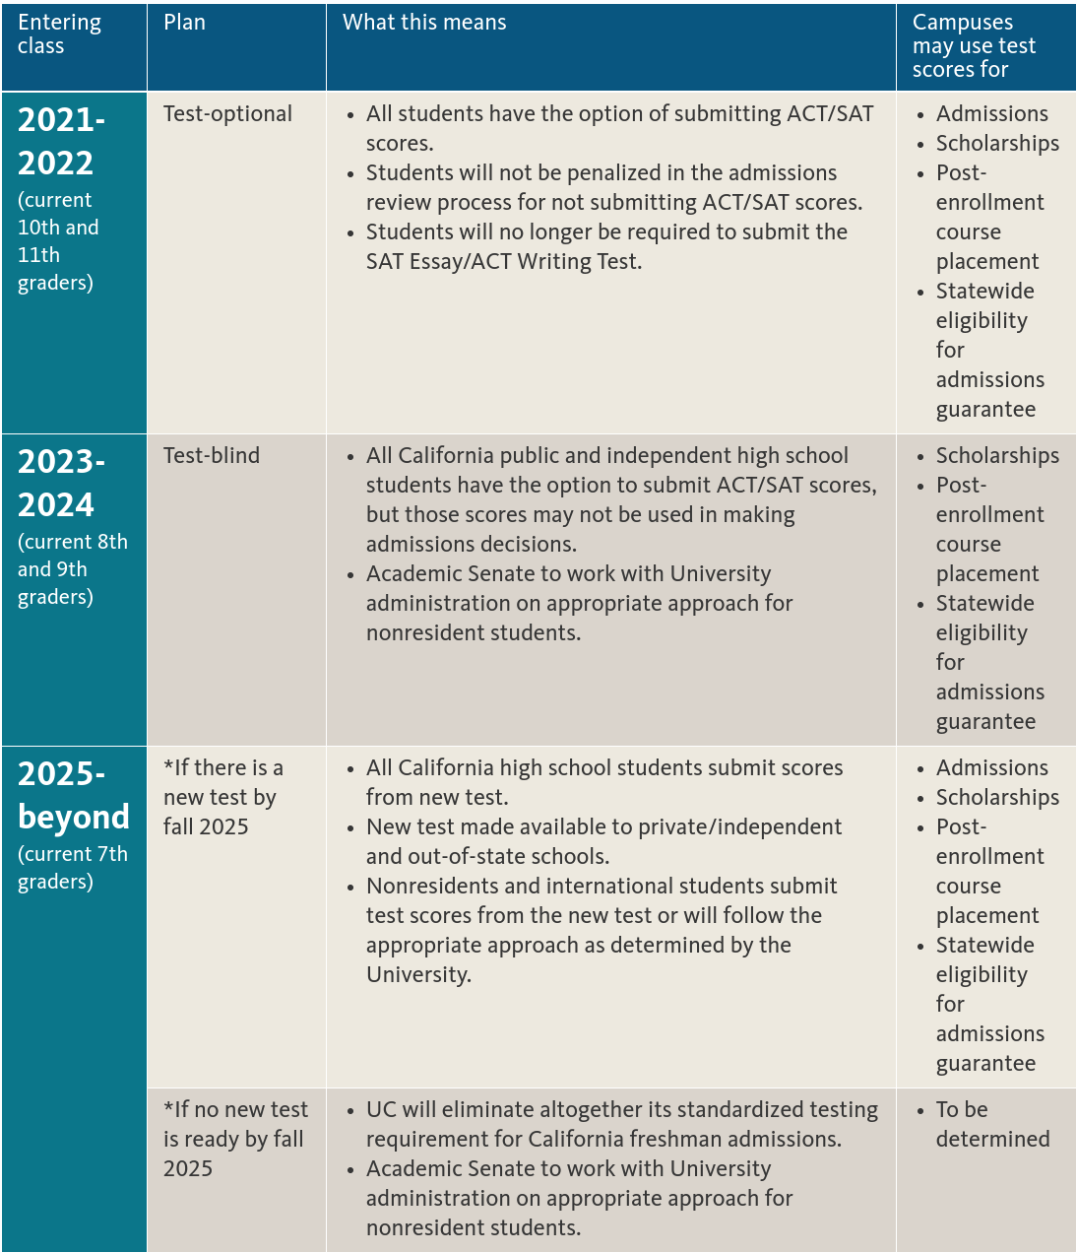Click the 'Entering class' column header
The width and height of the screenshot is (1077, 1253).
[x=59, y=34]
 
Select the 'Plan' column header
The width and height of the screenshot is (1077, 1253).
[x=184, y=23]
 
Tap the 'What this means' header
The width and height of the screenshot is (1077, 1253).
[x=424, y=23]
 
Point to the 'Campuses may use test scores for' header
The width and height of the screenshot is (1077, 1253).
[x=974, y=46]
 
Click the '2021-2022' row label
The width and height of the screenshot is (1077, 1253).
[x=61, y=141]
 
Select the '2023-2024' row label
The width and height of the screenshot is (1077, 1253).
[x=61, y=483]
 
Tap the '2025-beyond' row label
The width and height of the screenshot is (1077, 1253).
[x=73, y=795]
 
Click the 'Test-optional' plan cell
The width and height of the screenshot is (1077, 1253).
[x=227, y=114]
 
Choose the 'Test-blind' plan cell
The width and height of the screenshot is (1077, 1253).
[x=212, y=456]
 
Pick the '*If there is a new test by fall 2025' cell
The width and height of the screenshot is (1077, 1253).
[x=222, y=797]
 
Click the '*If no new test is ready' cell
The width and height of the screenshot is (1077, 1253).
[x=234, y=1139]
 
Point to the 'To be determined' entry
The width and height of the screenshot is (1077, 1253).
[x=992, y=1124]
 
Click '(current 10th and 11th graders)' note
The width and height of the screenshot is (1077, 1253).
[x=58, y=241]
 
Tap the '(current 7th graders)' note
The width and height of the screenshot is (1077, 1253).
[x=72, y=868]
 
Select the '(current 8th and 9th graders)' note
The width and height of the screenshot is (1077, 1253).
[x=72, y=569]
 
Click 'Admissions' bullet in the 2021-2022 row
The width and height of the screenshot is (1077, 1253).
[x=991, y=114]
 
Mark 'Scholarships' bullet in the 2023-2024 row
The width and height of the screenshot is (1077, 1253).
[x=997, y=456]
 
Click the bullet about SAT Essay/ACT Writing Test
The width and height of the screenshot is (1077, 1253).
[x=605, y=246]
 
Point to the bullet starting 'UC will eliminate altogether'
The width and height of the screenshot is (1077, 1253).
[x=620, y=1124]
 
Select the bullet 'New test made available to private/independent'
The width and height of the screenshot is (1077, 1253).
[x=602, y=841]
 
